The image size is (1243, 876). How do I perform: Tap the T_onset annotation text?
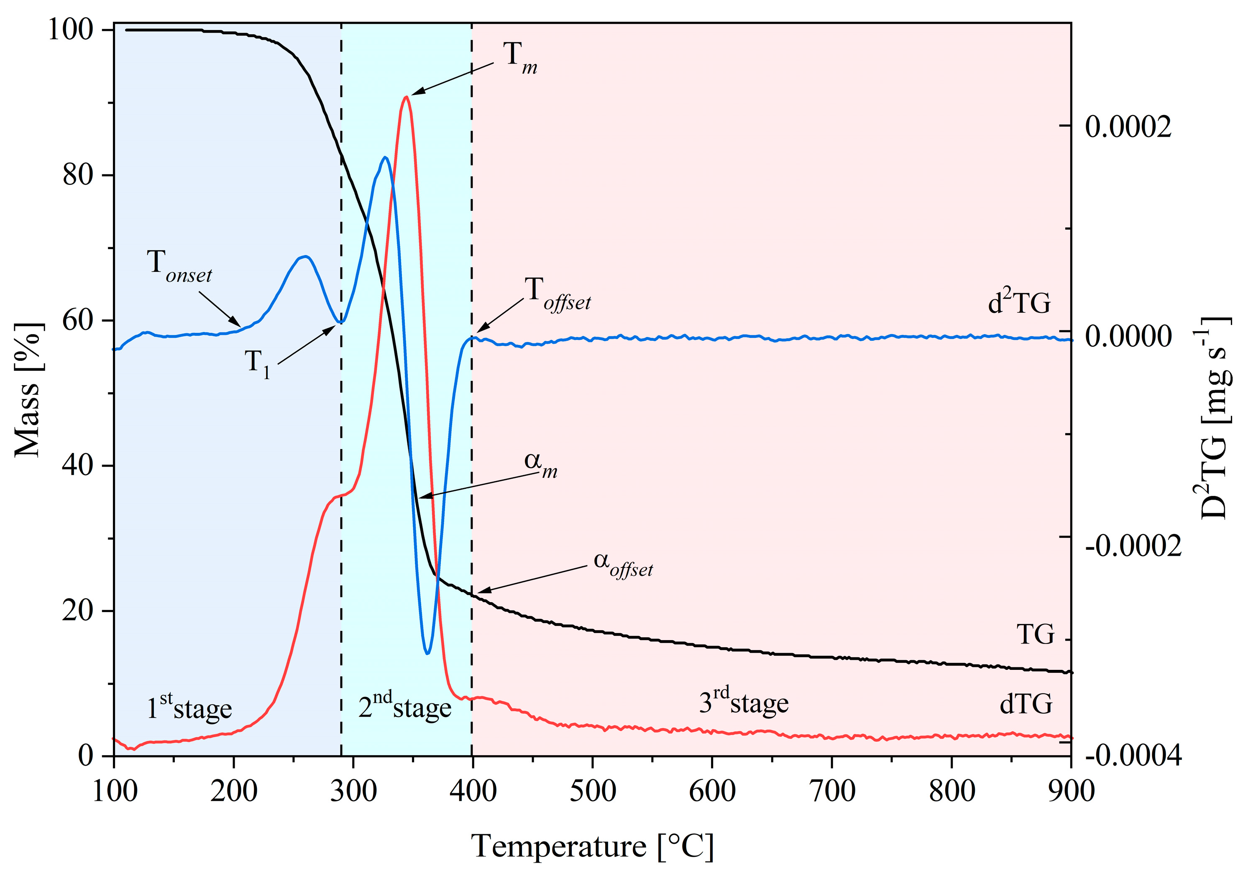179,267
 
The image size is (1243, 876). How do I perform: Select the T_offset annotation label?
557,295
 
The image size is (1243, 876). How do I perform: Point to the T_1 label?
257,363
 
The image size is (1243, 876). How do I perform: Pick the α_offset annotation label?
623,564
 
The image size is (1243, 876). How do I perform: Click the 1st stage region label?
189,707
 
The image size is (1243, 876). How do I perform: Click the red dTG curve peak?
406,97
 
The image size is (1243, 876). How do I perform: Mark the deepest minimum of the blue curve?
428,653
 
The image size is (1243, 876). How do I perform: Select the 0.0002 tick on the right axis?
1128,127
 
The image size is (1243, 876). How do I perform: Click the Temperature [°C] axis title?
592,846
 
